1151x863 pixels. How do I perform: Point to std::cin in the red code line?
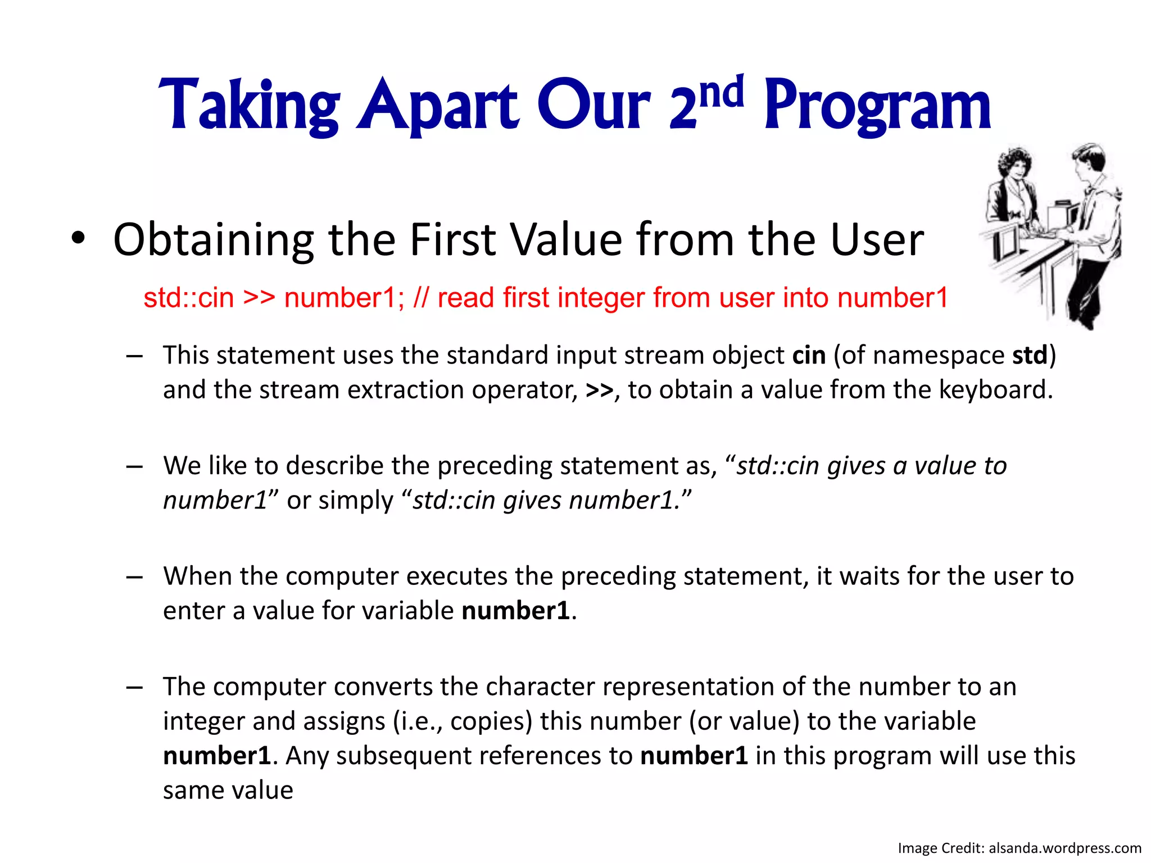pyautogui.click(x=188, y=298)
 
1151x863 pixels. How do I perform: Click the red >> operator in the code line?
pyautogui.click(x=259, y=298)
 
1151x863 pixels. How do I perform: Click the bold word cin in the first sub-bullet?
pyautogui.click(x=809, y=356)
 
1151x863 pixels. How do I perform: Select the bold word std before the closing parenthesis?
pyautogui.click(x=1030, y=356)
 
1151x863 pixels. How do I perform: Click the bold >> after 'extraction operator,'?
pyautogui.click(x=599, y=390)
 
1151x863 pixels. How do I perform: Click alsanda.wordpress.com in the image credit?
pyautogui.click(x=1065, y=848)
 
